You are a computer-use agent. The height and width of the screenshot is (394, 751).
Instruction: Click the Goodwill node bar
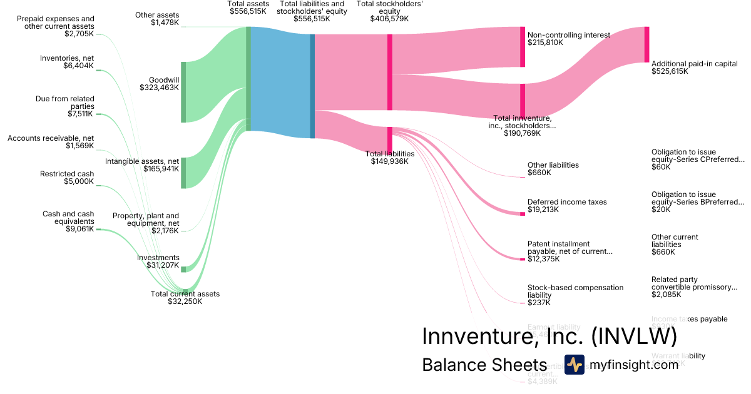183,92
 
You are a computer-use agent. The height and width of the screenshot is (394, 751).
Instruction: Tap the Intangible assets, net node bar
183,173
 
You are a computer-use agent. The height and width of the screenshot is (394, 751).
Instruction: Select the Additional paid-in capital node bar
646,44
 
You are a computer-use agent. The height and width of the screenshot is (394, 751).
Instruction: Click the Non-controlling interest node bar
523,47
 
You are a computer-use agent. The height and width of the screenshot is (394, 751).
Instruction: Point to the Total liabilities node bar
390,139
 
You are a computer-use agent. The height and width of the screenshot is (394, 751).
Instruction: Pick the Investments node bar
183,269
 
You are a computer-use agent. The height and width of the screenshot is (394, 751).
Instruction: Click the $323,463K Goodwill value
159,88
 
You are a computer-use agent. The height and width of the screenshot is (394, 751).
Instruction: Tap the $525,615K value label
670,71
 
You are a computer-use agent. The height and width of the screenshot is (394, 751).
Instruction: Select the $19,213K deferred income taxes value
543,210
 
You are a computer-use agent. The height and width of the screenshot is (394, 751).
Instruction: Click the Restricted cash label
67,174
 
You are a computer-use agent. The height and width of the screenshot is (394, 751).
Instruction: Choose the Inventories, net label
67,58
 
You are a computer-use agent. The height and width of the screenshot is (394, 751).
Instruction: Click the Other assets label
157,15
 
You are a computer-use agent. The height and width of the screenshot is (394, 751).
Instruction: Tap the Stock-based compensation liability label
575,291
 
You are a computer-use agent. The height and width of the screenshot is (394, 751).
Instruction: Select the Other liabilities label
553,165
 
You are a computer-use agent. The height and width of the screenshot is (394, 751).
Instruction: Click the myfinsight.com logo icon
574,365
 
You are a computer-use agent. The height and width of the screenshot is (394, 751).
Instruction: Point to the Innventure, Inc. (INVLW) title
549,336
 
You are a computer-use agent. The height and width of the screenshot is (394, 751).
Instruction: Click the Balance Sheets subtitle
484,365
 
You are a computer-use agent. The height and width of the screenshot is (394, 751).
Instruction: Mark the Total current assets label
185,294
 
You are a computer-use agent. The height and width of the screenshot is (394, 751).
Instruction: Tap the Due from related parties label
73,103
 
